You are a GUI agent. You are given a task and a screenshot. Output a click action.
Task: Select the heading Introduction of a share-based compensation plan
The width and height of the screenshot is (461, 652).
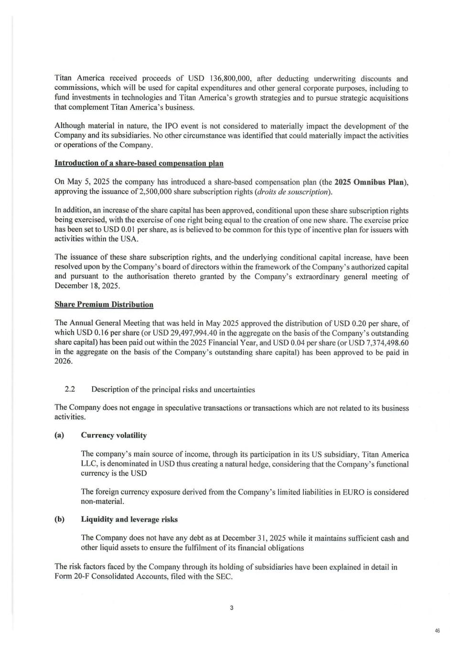[x=139, y=163]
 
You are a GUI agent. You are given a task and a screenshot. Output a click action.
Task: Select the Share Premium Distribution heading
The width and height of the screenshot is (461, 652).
[x=104, y=304]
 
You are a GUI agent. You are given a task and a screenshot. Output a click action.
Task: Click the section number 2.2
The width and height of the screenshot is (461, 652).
[x=70, y=389]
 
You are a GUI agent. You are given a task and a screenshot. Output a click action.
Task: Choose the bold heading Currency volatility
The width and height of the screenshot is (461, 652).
[x=114, y=435]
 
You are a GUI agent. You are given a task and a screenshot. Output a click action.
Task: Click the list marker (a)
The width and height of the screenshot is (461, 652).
[x=59, y=435]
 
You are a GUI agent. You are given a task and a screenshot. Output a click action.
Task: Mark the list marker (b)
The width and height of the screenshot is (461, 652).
[x=59, y=519]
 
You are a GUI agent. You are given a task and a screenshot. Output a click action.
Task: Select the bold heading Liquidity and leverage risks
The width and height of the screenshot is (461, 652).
[x=129, y=519]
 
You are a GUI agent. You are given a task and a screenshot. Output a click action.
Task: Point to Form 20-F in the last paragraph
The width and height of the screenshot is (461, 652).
[x=71, y=576]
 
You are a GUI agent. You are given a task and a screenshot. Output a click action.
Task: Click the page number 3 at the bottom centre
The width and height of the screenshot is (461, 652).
[x=231, y=608]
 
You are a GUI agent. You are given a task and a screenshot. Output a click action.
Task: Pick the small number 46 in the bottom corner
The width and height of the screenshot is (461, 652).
[x=437, y=631]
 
